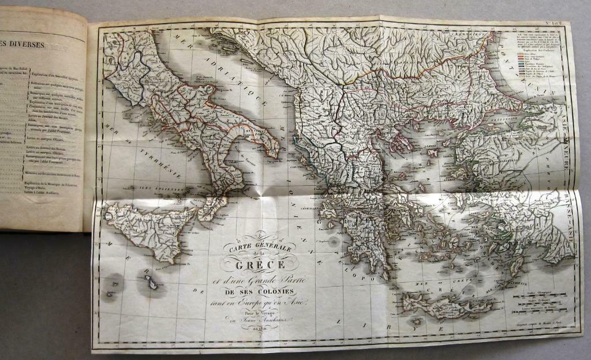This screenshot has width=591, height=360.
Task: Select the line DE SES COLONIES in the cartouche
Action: point(260,288)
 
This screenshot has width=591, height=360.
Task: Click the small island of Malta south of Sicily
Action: point(148,283)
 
